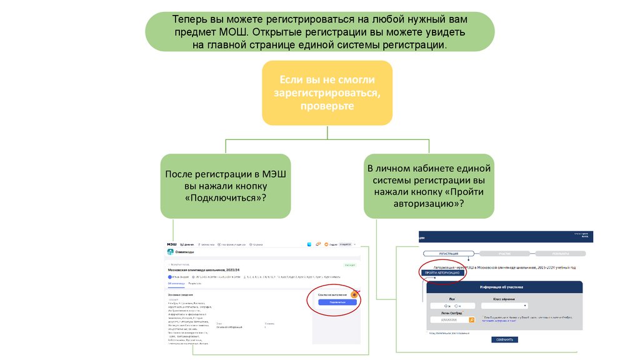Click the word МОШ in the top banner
(234, 31)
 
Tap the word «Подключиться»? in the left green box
(226, 197)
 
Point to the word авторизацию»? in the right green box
(429, 204)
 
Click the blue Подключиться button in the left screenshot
(337, 302)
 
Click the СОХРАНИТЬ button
(505, 339)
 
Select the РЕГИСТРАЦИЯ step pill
(449, 254)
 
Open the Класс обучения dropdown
(504, 306)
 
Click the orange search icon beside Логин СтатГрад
(472, 320)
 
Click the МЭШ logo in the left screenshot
(171, 244)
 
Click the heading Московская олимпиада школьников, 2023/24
(200, 270)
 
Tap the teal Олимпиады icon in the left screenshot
(170, 252)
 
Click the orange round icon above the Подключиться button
(354, 294)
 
